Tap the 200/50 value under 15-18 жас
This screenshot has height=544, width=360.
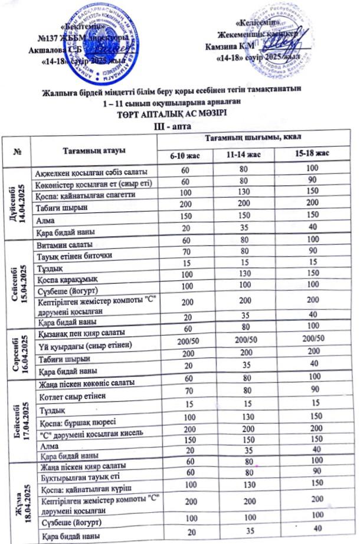pos(313,338)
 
